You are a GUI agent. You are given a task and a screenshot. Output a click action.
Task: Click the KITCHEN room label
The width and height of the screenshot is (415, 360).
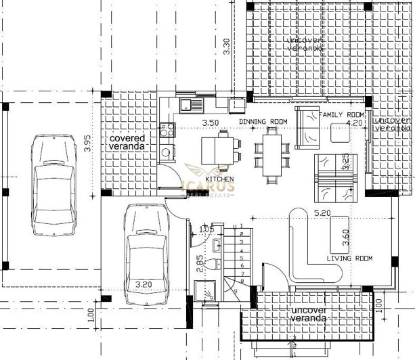221,179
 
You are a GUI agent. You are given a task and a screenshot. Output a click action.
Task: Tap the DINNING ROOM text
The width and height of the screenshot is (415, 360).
263,122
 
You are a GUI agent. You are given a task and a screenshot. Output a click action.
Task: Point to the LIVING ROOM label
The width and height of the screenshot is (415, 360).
349,258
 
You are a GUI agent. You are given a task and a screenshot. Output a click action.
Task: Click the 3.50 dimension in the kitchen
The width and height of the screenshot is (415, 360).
212,122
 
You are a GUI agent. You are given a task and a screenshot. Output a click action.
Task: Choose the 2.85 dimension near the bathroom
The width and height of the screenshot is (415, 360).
199,264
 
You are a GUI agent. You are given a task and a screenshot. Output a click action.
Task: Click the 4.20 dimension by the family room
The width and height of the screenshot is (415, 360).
354,123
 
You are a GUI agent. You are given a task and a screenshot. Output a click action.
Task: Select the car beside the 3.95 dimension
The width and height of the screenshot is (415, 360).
54,183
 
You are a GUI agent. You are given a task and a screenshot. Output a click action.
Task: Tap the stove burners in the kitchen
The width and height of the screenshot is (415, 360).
166,129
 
